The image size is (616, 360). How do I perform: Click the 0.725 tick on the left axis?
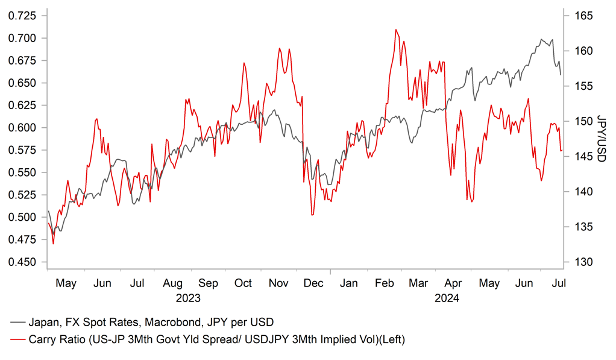pos(22,16)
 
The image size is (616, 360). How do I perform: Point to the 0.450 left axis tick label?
pos(22,262)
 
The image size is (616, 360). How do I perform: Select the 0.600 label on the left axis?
pos(22,128)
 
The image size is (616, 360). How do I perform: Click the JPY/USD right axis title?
pos(601,138)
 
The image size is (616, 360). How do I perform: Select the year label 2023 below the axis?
pos(188,298)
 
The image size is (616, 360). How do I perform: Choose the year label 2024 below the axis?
pos(446,298)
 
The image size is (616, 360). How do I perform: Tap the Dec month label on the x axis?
pos(313,283)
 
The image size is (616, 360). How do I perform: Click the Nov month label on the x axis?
pos(278,283)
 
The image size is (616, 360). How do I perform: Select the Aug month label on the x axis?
pos(172,283)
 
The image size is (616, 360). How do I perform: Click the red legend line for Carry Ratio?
pos(18,339)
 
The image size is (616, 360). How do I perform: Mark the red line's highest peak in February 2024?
pos(396,30)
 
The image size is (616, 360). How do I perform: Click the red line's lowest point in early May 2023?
pos(53,244)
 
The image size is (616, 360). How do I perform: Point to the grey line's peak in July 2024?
pos(541,39)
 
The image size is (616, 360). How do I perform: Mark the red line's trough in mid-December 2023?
pos(312,215)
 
